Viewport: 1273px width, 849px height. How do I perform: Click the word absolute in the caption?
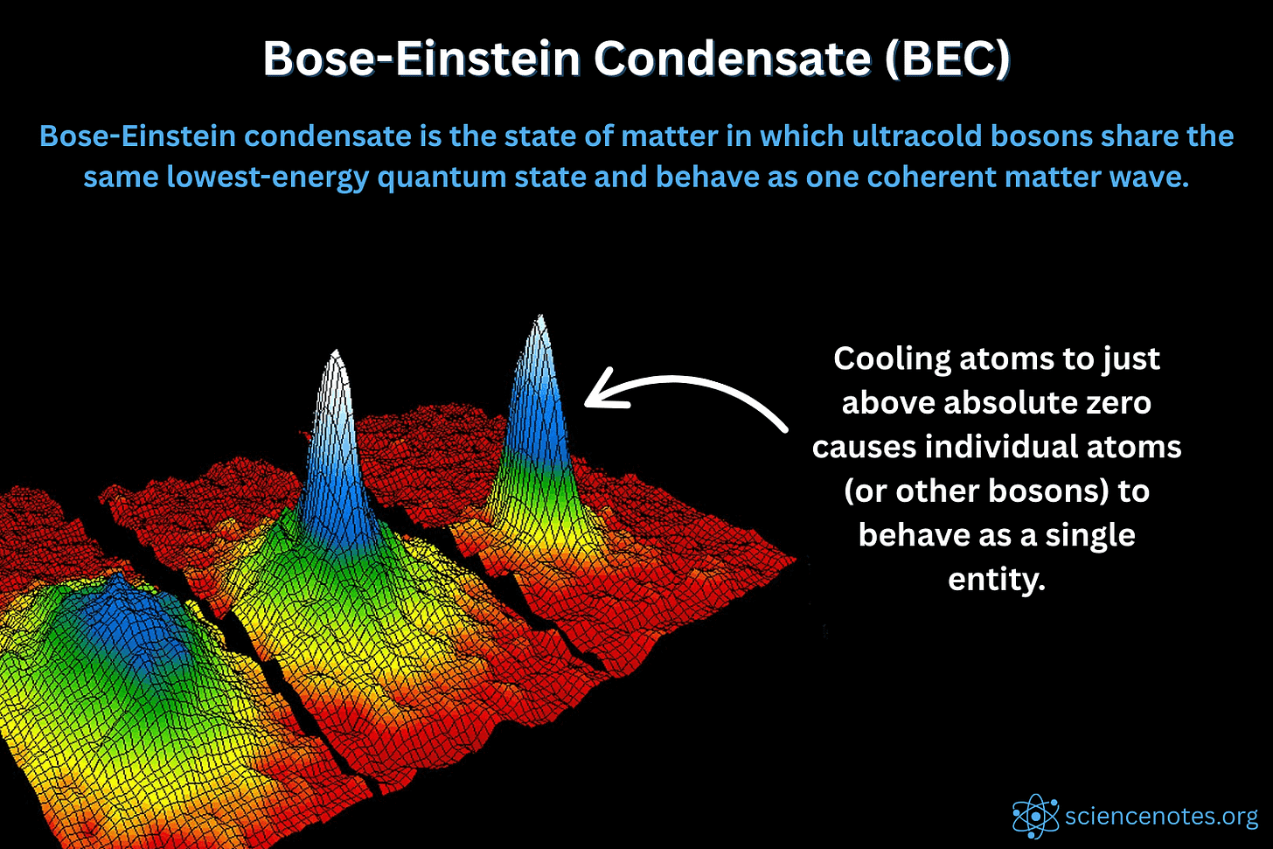click(1001, 403)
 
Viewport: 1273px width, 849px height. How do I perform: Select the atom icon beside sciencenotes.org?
click(1035, 818)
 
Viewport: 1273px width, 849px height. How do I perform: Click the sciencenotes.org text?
click(1161, 817)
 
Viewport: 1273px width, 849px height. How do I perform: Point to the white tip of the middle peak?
click(335, 358)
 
